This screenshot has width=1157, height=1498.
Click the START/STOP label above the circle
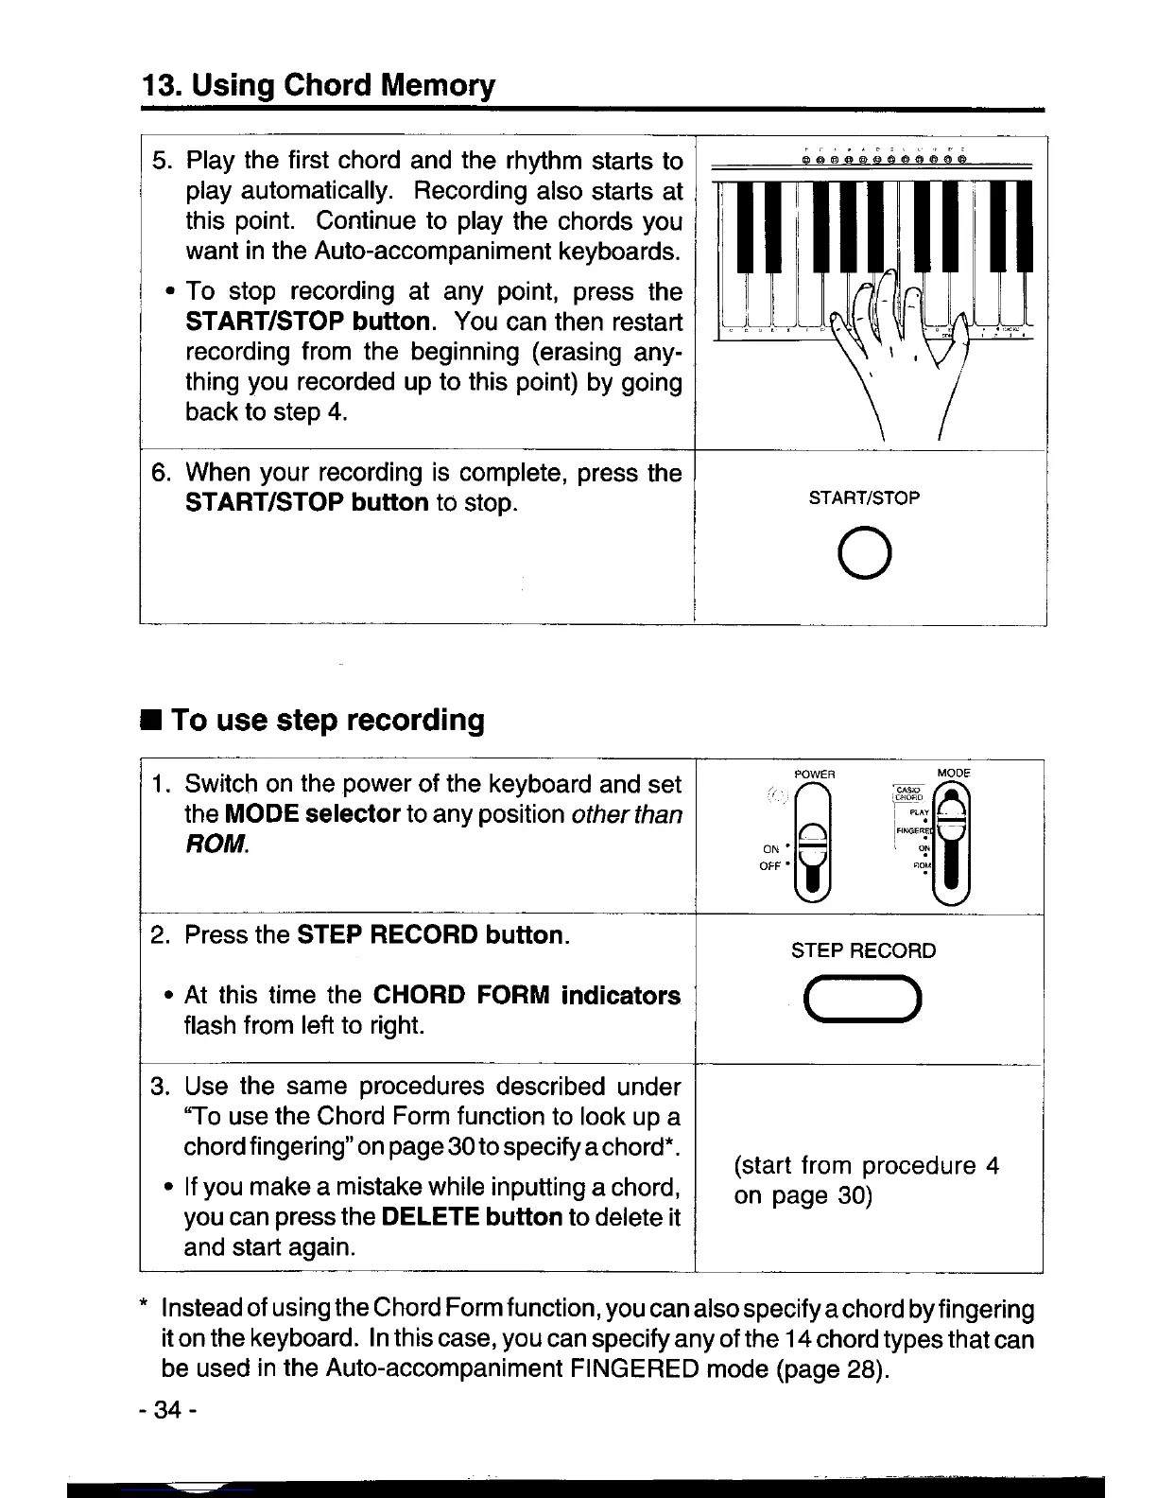coord(864,498)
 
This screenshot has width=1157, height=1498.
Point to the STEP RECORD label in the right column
coord(863,950)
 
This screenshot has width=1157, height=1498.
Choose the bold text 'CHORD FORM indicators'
coord(527,996)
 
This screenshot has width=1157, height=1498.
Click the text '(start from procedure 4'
coord(866,1165)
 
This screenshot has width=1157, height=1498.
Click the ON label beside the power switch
coord(769,849)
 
